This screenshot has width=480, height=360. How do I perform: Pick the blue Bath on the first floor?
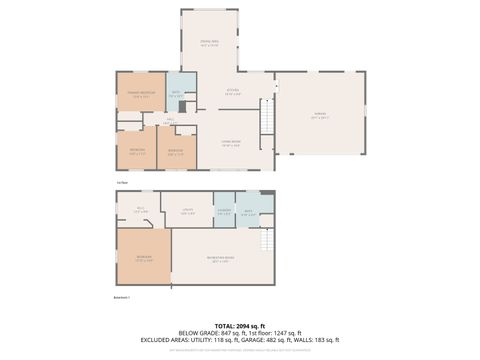176,95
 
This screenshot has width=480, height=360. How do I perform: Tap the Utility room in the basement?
187,211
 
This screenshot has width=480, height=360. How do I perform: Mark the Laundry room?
225,211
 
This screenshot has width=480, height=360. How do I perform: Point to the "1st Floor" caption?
121,183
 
